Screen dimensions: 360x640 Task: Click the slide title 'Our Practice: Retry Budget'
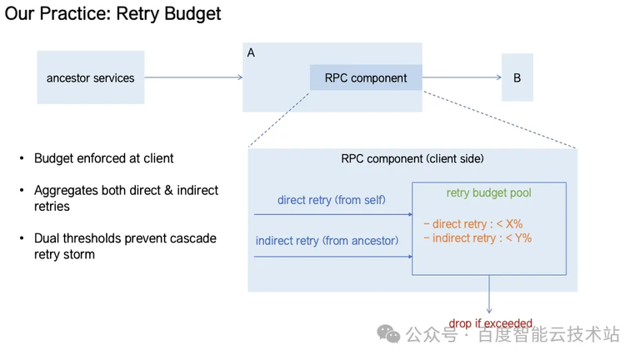pyautogui.click(x=113, y=14)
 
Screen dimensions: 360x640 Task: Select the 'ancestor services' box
pyautogui.click(x=90, y=78)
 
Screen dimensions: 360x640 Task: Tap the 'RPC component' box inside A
pyautogui.click(x=366, y=78)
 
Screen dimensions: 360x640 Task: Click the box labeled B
pyautogui.click(x=517, y=77)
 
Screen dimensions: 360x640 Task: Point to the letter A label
pyautogui.click(x=251, y=52)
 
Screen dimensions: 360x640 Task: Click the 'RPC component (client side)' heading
pyautogui.click(x=412, y=158)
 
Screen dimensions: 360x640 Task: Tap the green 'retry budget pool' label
pyautogui.click(x=488, y=193)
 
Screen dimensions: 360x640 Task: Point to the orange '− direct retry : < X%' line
pyautogui.click(x=472, y=223)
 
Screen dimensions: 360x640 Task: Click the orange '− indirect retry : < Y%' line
pyautogui.click(x=477, y=238)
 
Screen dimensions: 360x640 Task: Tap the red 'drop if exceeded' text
pyautogui.click(x=491, y=323)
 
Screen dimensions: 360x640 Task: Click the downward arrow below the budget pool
pyautogui.click(x=489, y=296)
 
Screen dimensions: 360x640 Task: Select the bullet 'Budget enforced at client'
pyautogui.click(x=103, y=158)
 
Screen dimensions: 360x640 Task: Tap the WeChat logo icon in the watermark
pyautogui.click(x=388, y=334)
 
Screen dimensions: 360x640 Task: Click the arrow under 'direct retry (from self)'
pyautogui.click(x=333, y=214)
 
